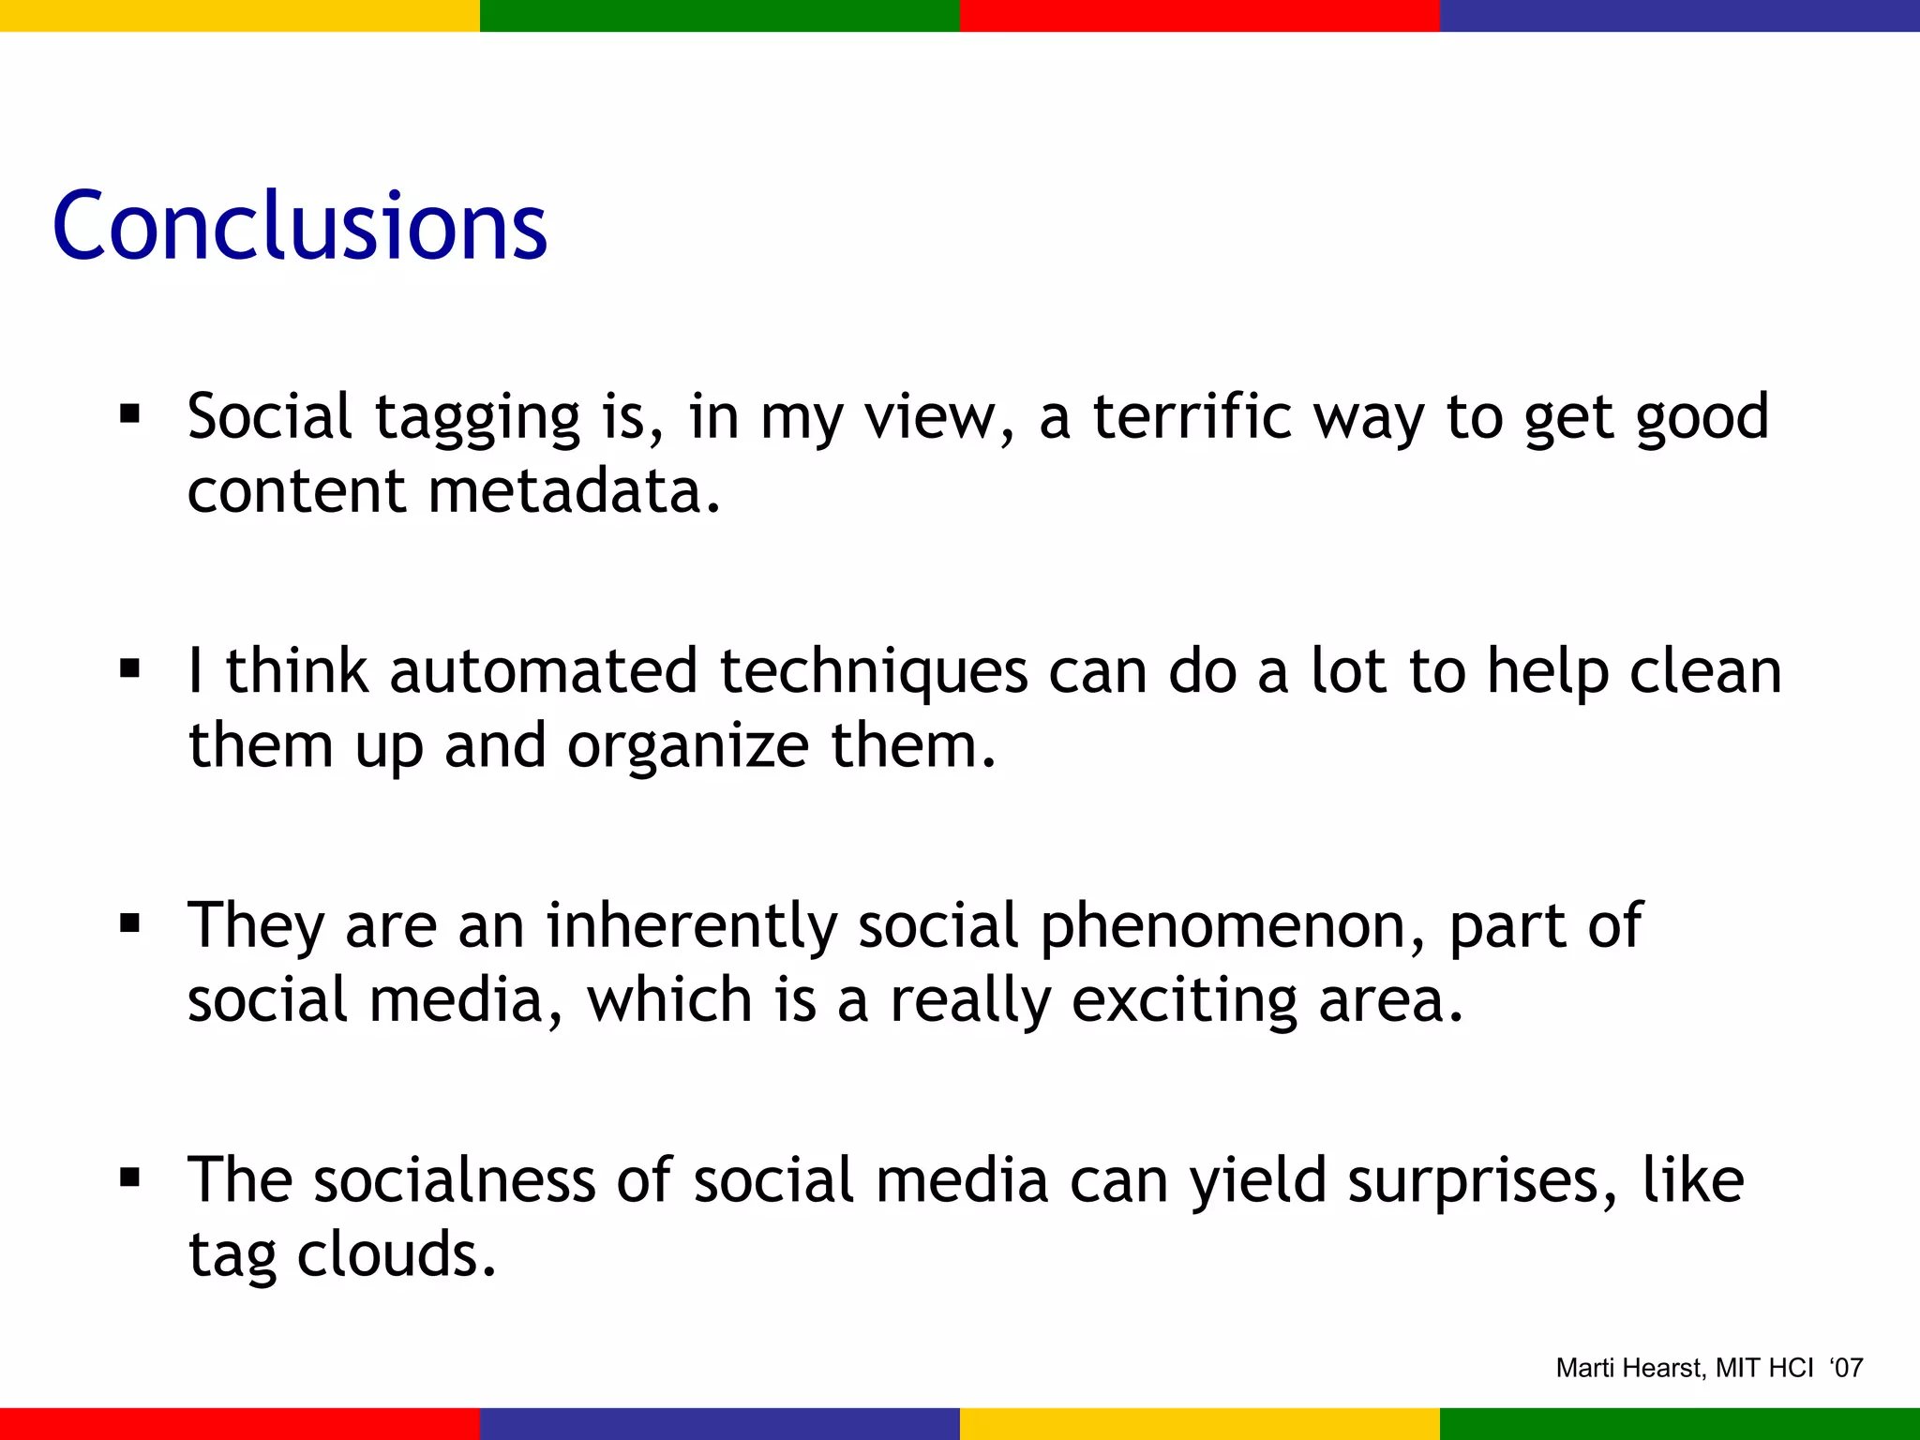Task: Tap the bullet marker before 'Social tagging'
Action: click(130, 414)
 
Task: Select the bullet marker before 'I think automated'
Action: click(130, 669)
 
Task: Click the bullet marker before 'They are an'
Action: click(130, 924)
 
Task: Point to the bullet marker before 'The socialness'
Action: click(130, 1178)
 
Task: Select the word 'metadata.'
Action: click(575, 491)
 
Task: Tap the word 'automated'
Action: click(544, 671)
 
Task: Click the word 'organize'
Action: click(688, 748)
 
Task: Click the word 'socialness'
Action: click(454, 1180)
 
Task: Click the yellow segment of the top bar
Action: click(240, 15)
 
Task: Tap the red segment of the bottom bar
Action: click(240, 1423)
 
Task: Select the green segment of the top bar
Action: click(720, 15)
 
